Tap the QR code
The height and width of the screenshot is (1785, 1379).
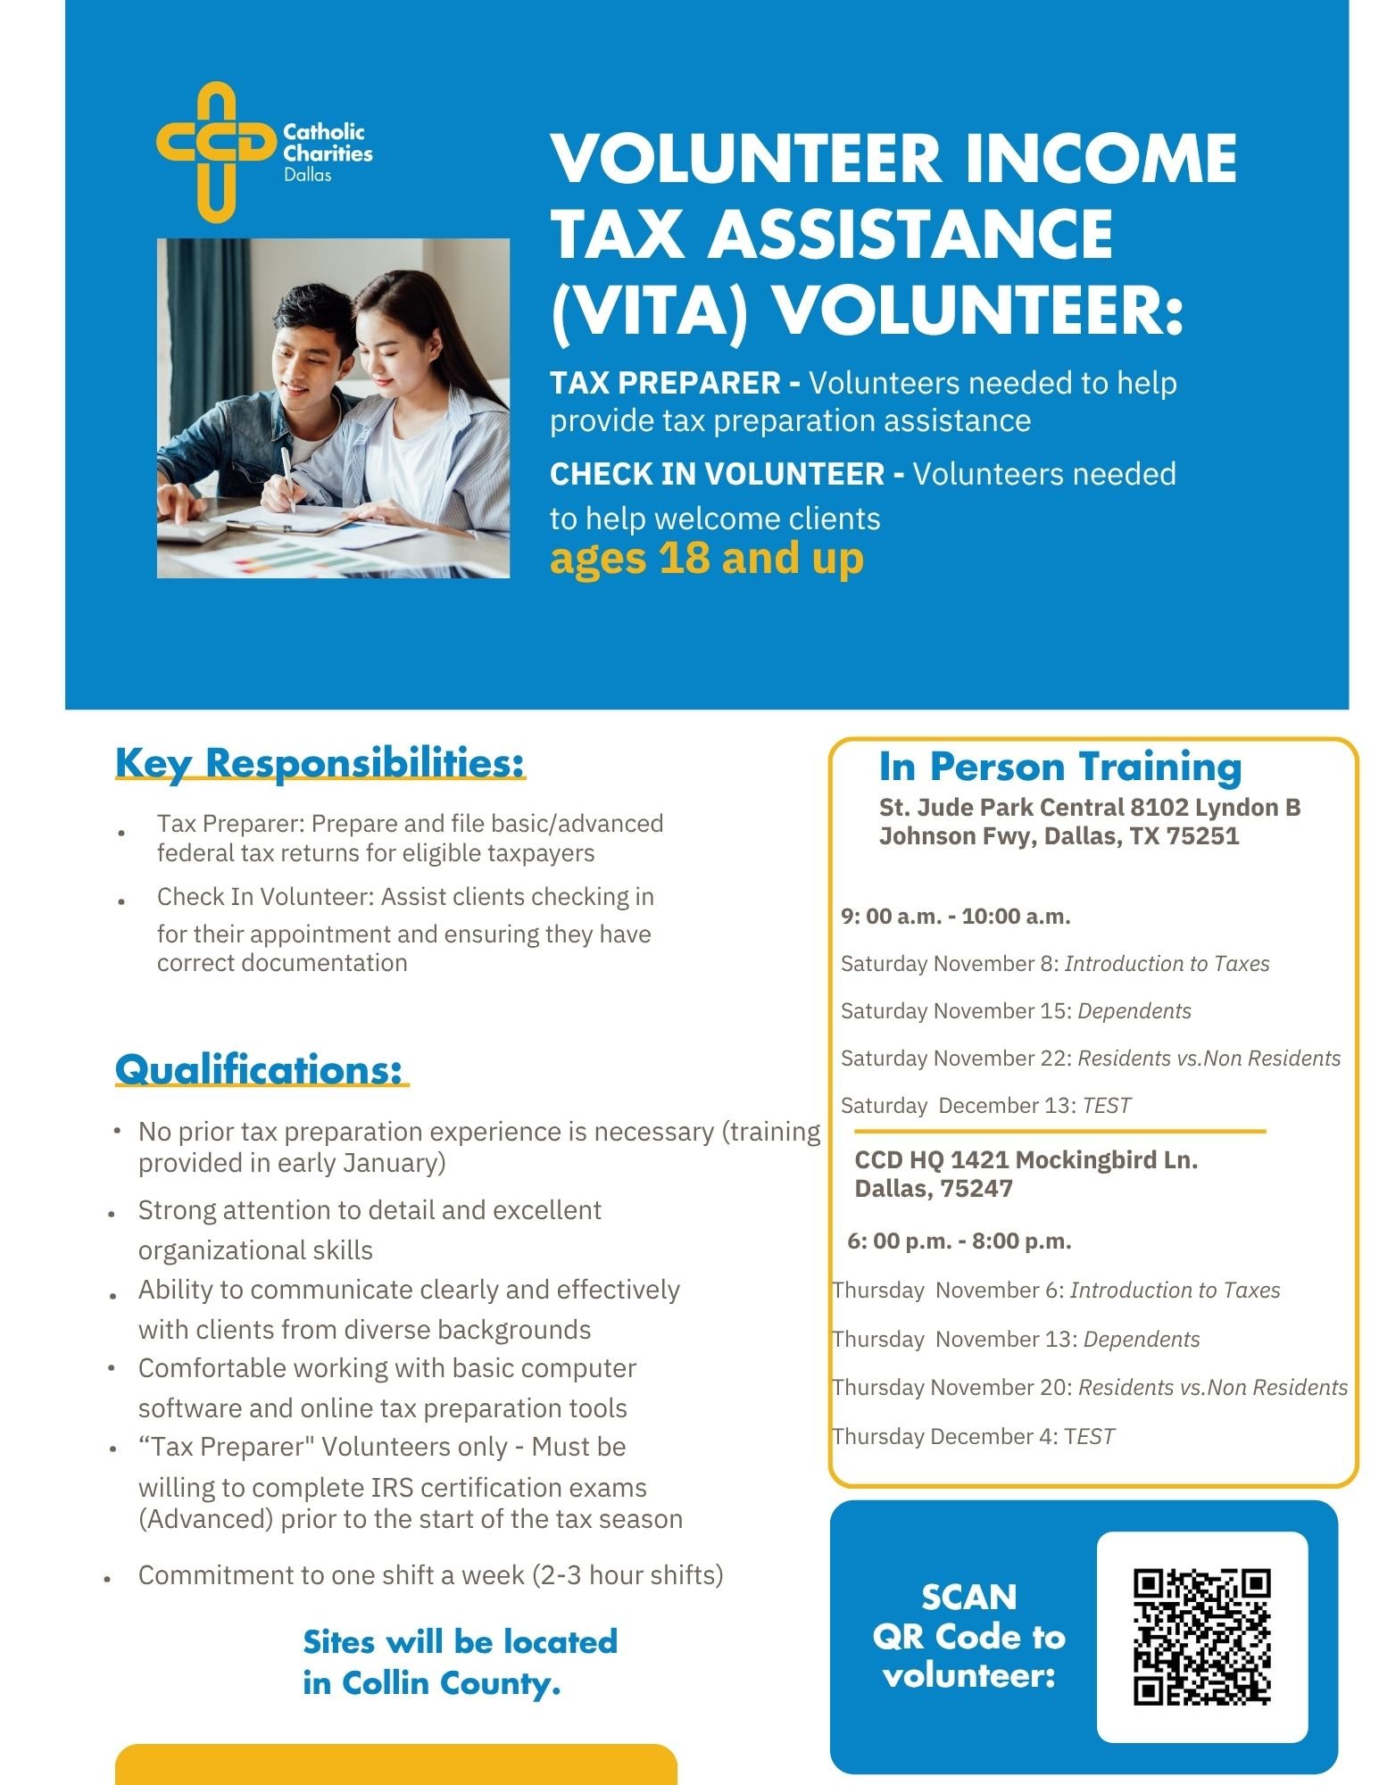click(x=1201, y=1637)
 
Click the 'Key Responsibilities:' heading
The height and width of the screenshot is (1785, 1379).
click(x=320, y=764)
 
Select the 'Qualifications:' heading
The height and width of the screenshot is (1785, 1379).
click(x=259, y=1069)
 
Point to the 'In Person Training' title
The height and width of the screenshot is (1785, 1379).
click(x=1059, y=767)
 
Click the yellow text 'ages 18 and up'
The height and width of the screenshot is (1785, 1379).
click(x=706, y=560)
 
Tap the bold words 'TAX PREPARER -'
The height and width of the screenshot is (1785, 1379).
click(x=675, y=384)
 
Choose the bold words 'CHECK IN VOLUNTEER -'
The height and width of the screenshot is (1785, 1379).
click(x=727, y=474)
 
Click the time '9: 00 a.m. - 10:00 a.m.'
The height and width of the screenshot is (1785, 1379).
click(x=955, y=917)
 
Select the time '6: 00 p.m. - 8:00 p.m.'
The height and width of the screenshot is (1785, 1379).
click(x=959, y=1241)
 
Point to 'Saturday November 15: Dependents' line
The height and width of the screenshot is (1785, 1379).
click(x=1015, y=1011)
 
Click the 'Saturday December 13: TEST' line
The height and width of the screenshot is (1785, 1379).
click(x=984, y=1106)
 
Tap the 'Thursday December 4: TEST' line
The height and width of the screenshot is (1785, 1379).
click(x=973, y=1436)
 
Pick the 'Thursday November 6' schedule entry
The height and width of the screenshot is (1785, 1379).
click(x=1055, y=1291)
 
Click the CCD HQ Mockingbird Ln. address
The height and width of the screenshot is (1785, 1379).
click(x=1026, y=1174)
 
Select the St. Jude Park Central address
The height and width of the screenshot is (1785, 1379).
click(x=1089, y=821)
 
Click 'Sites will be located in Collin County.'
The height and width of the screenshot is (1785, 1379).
click(x=460, y=1662)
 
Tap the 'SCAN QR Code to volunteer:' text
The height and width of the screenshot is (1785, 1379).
click(x=968, y=1636)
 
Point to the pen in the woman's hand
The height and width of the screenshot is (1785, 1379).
click(x=287, y=478)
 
